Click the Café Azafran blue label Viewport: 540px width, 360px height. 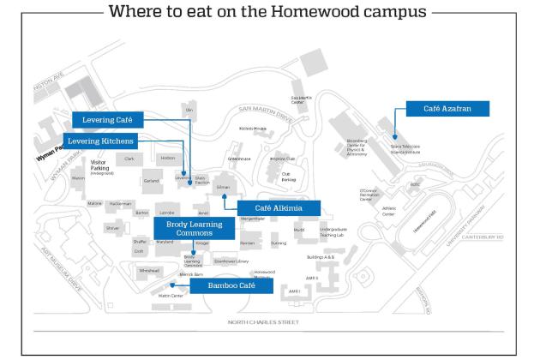[442, 108]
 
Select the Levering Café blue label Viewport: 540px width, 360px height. [107, 120]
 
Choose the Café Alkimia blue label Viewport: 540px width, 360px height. [276, 207]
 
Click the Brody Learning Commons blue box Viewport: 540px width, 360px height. [195, 229]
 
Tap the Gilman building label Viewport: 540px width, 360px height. [223, 187]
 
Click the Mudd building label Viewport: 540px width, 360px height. [298, 231]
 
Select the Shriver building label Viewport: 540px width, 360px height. [112, 229]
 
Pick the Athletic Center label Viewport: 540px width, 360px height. [388, 210]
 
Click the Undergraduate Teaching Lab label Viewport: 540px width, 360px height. [333, 232]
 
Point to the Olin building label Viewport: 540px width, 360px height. [189, 111]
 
